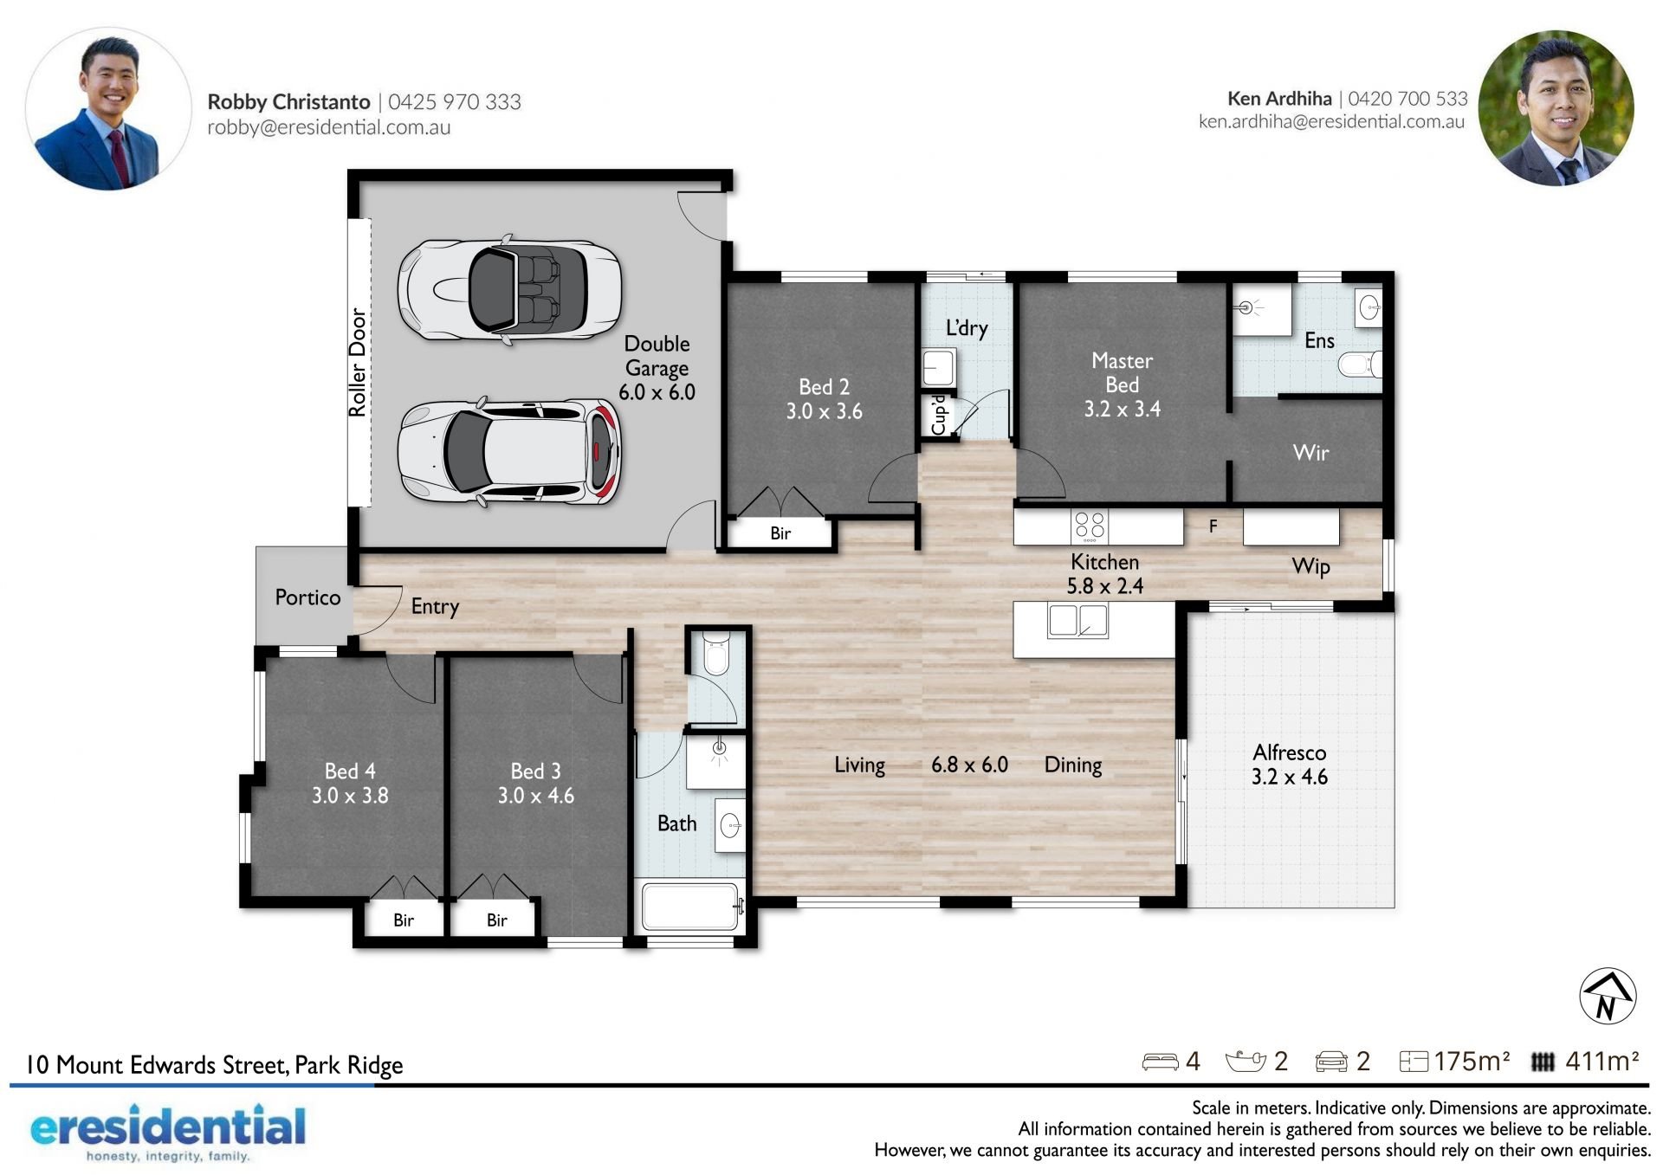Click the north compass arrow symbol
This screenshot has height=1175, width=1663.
(x=1608, y=997)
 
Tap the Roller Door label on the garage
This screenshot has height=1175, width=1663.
(x=358, y=362)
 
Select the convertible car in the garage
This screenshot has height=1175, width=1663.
(x=509, y=287)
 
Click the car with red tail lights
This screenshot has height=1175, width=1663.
(x=509, y=451)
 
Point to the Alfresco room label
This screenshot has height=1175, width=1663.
(x=1290, y=752)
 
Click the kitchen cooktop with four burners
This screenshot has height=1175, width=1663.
(x=1090, y=526)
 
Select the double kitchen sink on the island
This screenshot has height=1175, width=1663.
(x=1077, y=621)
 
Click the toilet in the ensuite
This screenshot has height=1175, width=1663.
(x=1360, y=364)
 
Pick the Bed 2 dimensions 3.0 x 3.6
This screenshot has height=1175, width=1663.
(x=824, y=411)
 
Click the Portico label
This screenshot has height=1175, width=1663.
(x=307, y=597)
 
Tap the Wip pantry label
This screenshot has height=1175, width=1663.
(x=1310, y=566)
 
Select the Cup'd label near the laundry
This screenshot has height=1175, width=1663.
(x=939, y=416)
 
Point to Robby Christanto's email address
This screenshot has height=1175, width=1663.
(x=329, y=127)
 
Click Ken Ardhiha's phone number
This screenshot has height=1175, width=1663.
(x=1407, y=99)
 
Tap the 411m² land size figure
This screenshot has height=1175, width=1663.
(x=1602, y=1061)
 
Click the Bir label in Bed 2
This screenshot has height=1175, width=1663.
(x=780, y=533)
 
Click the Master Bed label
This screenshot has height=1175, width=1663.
(x=1122, y=372)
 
